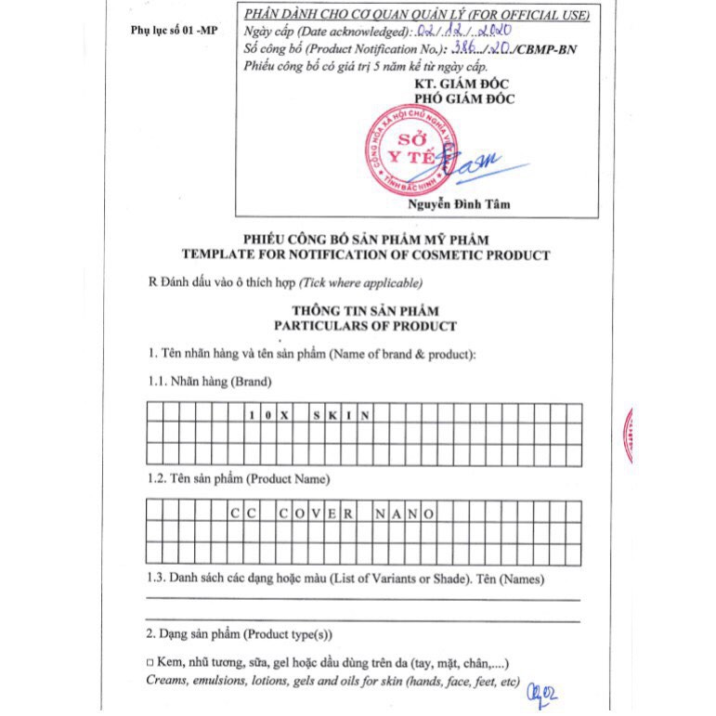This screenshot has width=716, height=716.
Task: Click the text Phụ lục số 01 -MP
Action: [x=174, y=32]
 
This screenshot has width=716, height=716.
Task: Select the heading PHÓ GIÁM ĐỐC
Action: [x=465, y=99]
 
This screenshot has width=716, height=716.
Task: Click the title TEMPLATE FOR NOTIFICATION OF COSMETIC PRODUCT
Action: [x=366, y=254]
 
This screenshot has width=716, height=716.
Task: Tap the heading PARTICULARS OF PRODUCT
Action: [x=365, y=326]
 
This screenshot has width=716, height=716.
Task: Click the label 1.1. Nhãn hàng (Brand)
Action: [x=211, y=381]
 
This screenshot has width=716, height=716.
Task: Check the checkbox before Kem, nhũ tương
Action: [x=150, y=663]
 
